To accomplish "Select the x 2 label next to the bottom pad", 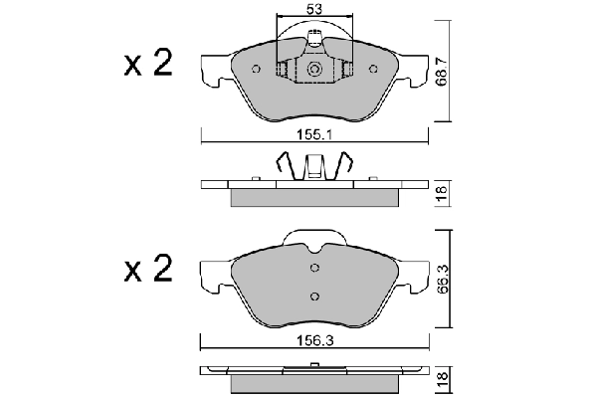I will click(x=148, y=268).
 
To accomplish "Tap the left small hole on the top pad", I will click(x=256, y=69).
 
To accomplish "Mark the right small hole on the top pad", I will click(x=372, y=69).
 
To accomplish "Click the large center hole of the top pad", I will click(x=313, y=71).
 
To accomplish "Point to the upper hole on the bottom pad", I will click(x=314, y=267).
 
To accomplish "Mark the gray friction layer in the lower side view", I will click(x=313, y=383).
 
